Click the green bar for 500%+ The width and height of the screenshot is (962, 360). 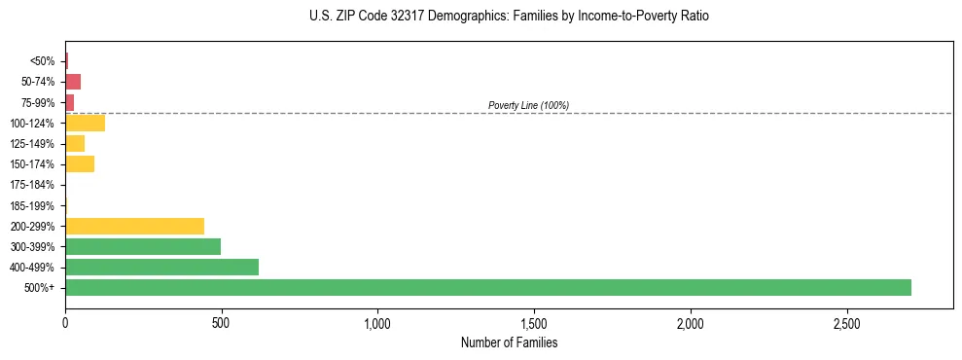click(487, 287)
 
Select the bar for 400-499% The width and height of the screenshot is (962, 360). click(161, 267)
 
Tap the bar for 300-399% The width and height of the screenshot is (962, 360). click(143, 246)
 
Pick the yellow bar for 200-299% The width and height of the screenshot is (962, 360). click(134, 226)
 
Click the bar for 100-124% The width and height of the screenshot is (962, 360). click(85, 123)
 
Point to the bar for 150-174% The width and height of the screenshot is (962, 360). click(80, 163)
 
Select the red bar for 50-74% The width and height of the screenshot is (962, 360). click(73, 82)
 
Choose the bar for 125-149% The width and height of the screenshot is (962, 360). click(75, 143)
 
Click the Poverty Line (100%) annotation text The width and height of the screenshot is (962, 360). click(528, 105)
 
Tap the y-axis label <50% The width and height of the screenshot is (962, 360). click(43, 61)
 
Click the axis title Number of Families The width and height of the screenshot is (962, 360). click(509, 342)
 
